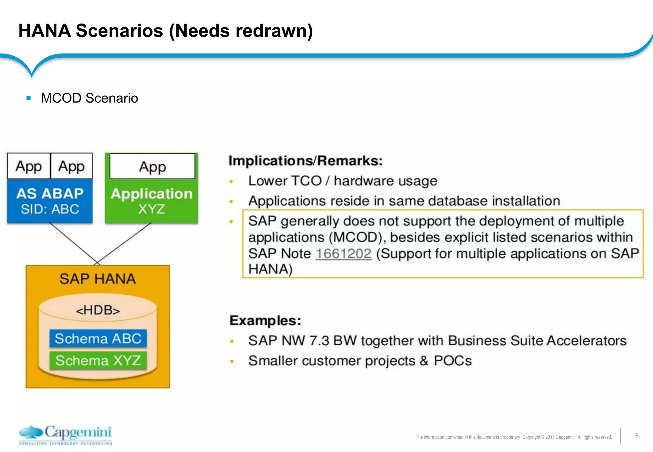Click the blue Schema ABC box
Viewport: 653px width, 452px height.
pyautogui.click(x=98, y=339)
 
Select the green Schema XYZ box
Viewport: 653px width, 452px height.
pyautogui.click(x=98, y=361)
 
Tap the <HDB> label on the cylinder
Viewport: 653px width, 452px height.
pyautogui.click(x=98, y=310)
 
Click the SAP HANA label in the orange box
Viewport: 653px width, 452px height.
pyautogui.click(x=98, y=279)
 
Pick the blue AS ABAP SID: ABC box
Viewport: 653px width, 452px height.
pyautogui.click(x=50, y=201)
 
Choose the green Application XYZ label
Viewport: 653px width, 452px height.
pyautogui.click(x=151, y=201)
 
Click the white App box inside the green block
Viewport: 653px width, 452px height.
pyautogui.click(x=152, y=167)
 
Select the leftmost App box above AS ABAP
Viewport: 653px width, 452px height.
pyautogui.click(x=29, y=166)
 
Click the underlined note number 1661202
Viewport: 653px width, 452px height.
pyautogui.click(x=343, y=254)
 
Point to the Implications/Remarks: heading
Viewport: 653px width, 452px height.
pyautogui.click(x=305, y=161)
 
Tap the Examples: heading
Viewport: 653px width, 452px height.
pyautogui.click(x=265, y=320)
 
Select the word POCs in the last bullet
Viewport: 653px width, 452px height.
pyautogui.click(x=452, y=361)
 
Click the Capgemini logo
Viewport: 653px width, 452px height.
pyautogui.click(x=65, y=435)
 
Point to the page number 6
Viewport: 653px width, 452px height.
pyautogui.click(x=636, y=436)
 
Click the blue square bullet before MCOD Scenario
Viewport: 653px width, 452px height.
pyautogui.click(x=29, y=98)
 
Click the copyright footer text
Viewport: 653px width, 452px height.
pyautogui.click(x=513, y=437)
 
